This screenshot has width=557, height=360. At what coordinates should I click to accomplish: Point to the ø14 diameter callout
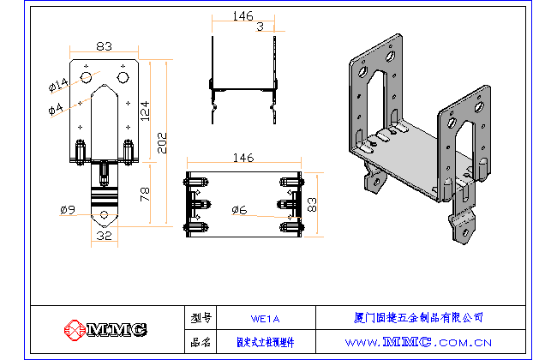coord(58,85)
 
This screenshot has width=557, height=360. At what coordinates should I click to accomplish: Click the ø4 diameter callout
coord(56,108)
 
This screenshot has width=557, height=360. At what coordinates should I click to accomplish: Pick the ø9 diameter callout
coord(69,209)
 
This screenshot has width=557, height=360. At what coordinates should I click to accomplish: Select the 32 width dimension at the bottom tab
coord(104,235)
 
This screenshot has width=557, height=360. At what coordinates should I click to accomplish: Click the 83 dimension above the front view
coord(105,47)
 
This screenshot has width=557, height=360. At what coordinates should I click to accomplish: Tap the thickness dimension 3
coord(260,27)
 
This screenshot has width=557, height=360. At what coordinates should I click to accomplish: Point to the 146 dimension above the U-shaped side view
coord(243,16)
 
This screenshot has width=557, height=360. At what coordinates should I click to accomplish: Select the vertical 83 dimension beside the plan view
coord(313,204)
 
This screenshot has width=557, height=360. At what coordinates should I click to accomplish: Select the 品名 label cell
coord(201,341)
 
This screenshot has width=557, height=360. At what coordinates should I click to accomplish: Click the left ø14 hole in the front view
coord(87,78)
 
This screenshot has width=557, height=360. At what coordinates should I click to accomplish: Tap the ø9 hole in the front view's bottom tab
coord(105,214)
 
